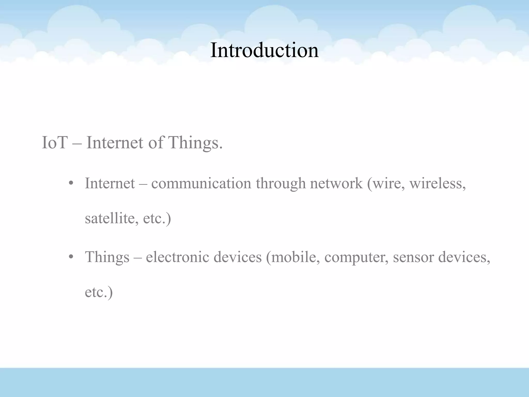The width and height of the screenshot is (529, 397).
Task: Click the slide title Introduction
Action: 264,50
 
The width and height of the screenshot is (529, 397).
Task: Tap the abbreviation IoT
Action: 55,143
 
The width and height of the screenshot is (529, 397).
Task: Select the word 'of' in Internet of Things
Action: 155,143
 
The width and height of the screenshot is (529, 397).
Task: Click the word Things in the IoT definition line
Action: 195,143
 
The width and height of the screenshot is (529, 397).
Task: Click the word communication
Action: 201,184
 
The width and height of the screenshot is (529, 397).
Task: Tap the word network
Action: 336,184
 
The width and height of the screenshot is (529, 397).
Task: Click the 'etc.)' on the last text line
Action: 99,292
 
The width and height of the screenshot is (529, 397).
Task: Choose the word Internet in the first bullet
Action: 110,184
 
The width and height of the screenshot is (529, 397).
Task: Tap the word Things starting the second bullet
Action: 107,257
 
